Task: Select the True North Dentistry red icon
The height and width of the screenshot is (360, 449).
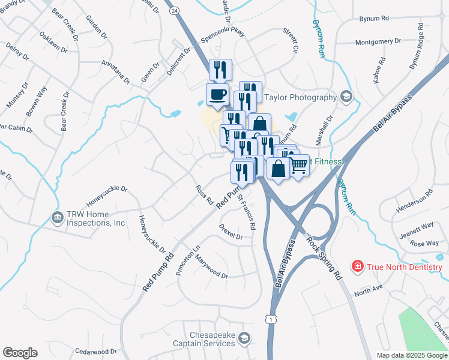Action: [x=357, y=266]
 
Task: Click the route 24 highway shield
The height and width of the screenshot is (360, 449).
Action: [x=174, y=11]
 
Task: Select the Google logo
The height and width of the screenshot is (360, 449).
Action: [x=20, y=353]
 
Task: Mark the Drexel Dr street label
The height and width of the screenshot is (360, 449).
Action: [x=231, y=232]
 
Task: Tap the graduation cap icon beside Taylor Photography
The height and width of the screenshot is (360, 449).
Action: [x=346, y=97]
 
